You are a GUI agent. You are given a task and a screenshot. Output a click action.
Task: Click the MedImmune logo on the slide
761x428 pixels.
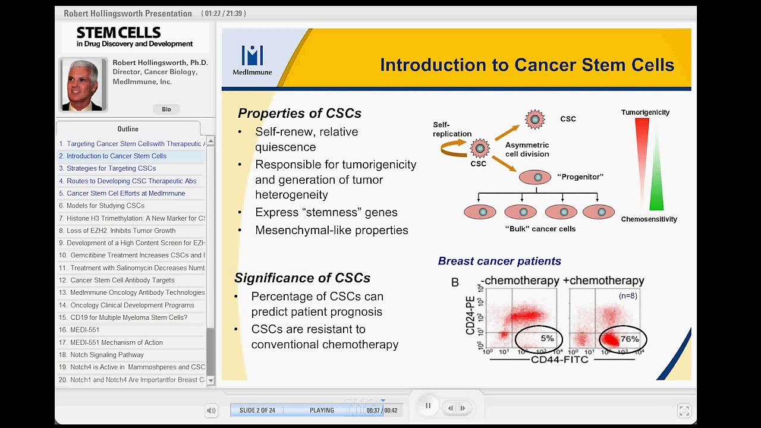[x=252, y=59]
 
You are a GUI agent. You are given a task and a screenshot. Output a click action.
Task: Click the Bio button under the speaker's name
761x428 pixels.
[x=166, y=109]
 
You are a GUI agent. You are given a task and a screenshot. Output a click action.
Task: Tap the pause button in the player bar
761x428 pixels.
[x=427, y=406]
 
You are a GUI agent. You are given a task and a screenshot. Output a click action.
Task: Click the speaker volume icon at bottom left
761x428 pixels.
[x=211, y=410]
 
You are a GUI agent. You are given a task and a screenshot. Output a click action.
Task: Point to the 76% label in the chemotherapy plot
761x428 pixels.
[x=630, y=339]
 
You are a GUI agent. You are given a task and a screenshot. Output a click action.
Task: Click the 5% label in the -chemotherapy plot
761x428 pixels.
[x=547, y=338]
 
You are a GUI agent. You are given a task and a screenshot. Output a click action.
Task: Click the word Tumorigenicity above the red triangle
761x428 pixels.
[x=645, y=112]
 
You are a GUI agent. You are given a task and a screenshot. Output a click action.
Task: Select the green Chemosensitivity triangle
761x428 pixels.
[x=656, y=178]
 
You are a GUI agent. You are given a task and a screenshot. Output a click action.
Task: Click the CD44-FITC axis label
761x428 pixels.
[x=560, y=360]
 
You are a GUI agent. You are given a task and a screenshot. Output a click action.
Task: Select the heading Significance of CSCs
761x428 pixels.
[x=302, y=278]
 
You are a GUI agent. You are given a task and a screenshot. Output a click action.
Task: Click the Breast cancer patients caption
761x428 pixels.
[x=499, y=261]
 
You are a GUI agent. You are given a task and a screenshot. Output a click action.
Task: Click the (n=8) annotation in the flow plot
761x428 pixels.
[x=628, y=295]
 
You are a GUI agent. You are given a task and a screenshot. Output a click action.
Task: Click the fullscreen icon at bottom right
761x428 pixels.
[x=684, y=411]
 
